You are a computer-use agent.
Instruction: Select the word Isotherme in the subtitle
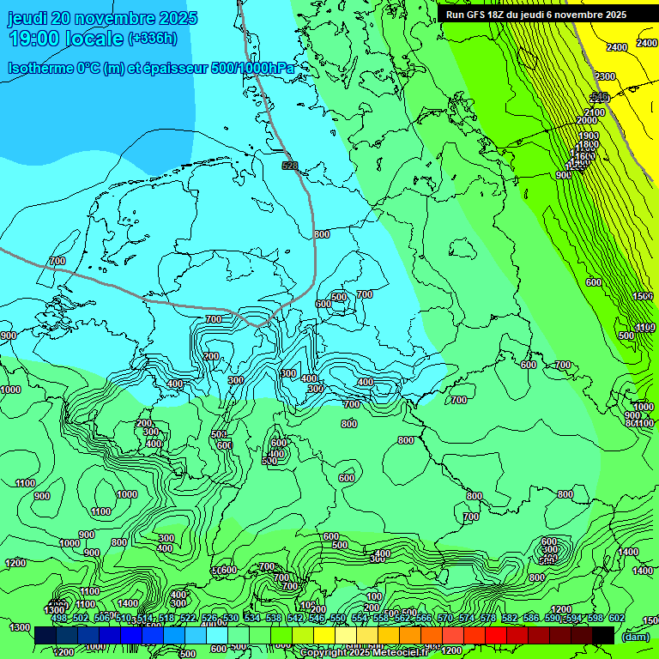click(39, 68)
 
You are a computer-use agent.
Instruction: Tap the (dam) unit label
click(635, 637)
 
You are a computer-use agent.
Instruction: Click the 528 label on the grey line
click(290, 165)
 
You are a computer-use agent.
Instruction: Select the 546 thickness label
click(600, 96)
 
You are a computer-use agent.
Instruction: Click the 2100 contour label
click(594, 112)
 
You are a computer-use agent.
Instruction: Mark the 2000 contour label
click(587, 121)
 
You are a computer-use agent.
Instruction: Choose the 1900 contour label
click(588, 136)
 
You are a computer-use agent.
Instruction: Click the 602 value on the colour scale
click(616, 618)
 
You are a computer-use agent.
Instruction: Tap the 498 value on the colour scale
click(58, 618)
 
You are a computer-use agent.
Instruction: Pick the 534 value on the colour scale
click(251, 618)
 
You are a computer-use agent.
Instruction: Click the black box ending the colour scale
click(603, 635)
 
